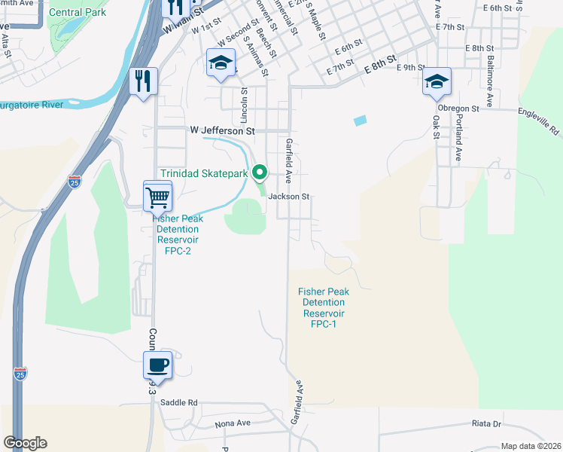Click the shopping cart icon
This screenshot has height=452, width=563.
pos(158,197)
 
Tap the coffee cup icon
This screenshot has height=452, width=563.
pos(158,366)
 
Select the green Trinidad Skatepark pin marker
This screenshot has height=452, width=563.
pos(260,173)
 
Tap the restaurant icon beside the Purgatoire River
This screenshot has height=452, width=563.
pos(143,81)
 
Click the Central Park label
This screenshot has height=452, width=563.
pos(78,12)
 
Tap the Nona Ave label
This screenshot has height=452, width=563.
pos(233,423)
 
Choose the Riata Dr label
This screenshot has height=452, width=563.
pos(486,423)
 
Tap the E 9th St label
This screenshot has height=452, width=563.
pos(415,68)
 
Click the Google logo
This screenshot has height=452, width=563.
pos(25,442)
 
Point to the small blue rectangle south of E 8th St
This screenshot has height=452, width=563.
pos(361,120)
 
